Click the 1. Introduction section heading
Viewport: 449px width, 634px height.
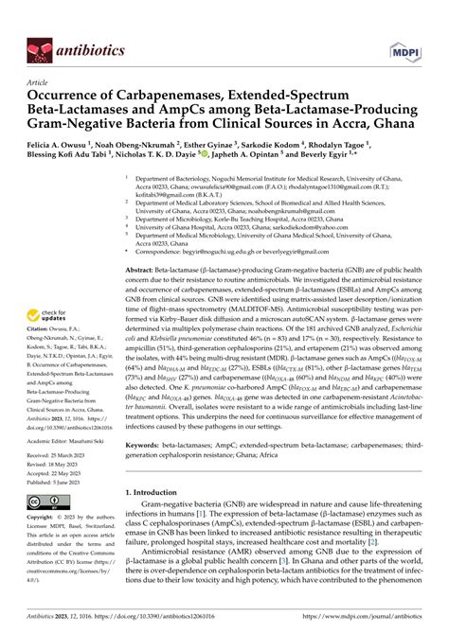pos(155,519)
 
